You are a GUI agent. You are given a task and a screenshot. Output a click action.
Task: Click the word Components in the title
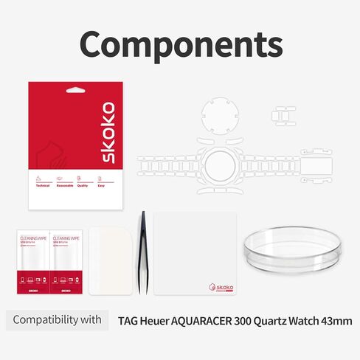pos(180,44)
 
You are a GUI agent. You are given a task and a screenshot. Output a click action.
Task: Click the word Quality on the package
pos(83,186)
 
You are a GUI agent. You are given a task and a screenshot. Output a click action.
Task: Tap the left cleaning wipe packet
pos(32,262)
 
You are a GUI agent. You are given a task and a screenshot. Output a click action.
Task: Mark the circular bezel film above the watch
pos(220,118)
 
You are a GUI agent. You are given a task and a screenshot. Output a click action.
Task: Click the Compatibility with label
pos(57,321)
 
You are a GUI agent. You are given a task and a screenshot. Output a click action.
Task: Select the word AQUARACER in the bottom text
pos(193,322)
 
